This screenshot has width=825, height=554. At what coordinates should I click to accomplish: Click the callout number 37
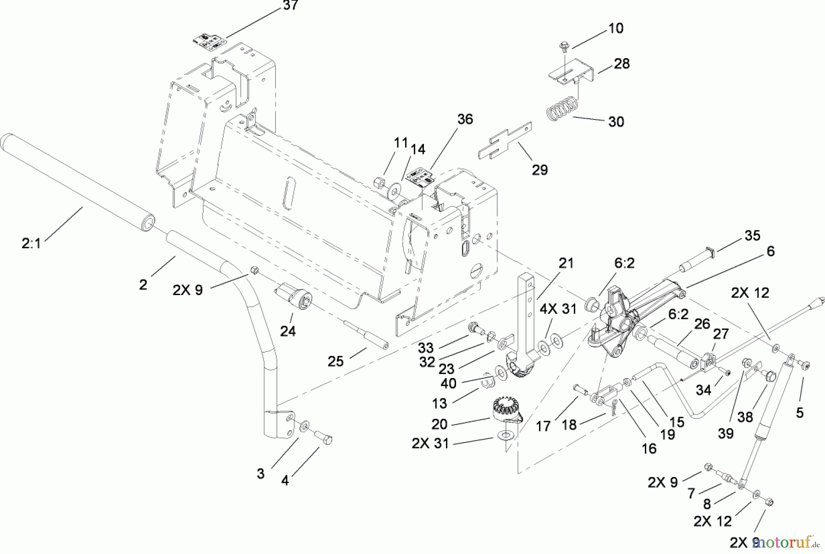[290, 5]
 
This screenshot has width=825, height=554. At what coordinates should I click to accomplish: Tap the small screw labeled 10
[563, 46]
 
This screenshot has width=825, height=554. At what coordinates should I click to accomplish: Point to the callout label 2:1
[31, 243]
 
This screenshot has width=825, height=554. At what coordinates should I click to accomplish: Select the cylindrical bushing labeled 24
[293, 296]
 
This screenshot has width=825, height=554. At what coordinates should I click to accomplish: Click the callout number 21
[566, 263]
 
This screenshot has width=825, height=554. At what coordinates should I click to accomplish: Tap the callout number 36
[465, 119]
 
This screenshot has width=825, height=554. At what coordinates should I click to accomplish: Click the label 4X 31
[557, 309]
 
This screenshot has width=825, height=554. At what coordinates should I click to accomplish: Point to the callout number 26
[702, 324]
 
